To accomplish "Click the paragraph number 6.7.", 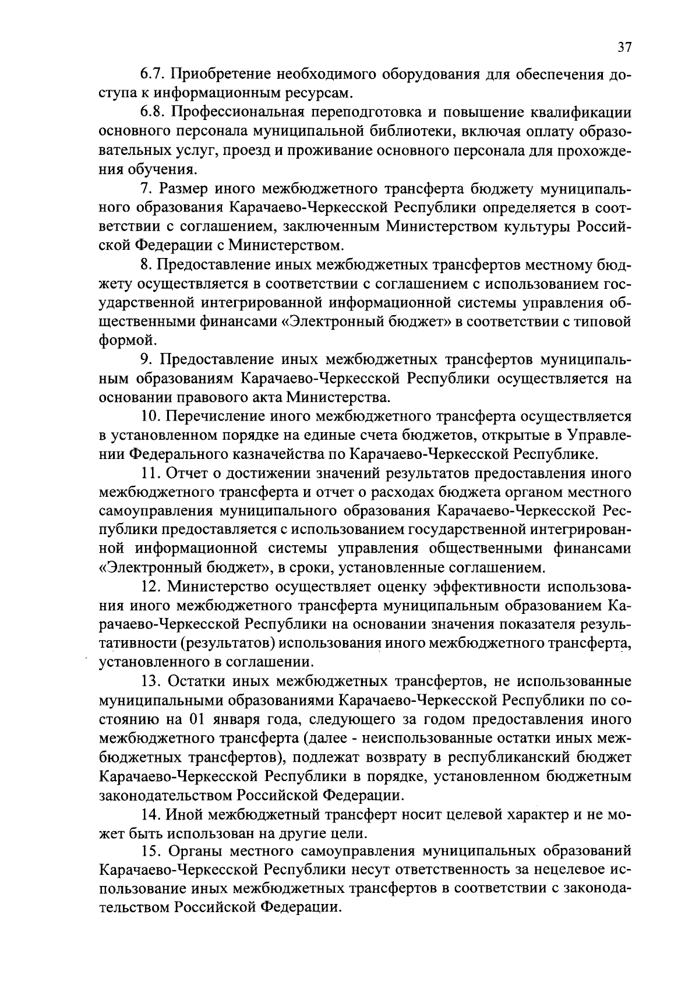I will coord(153,75).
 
